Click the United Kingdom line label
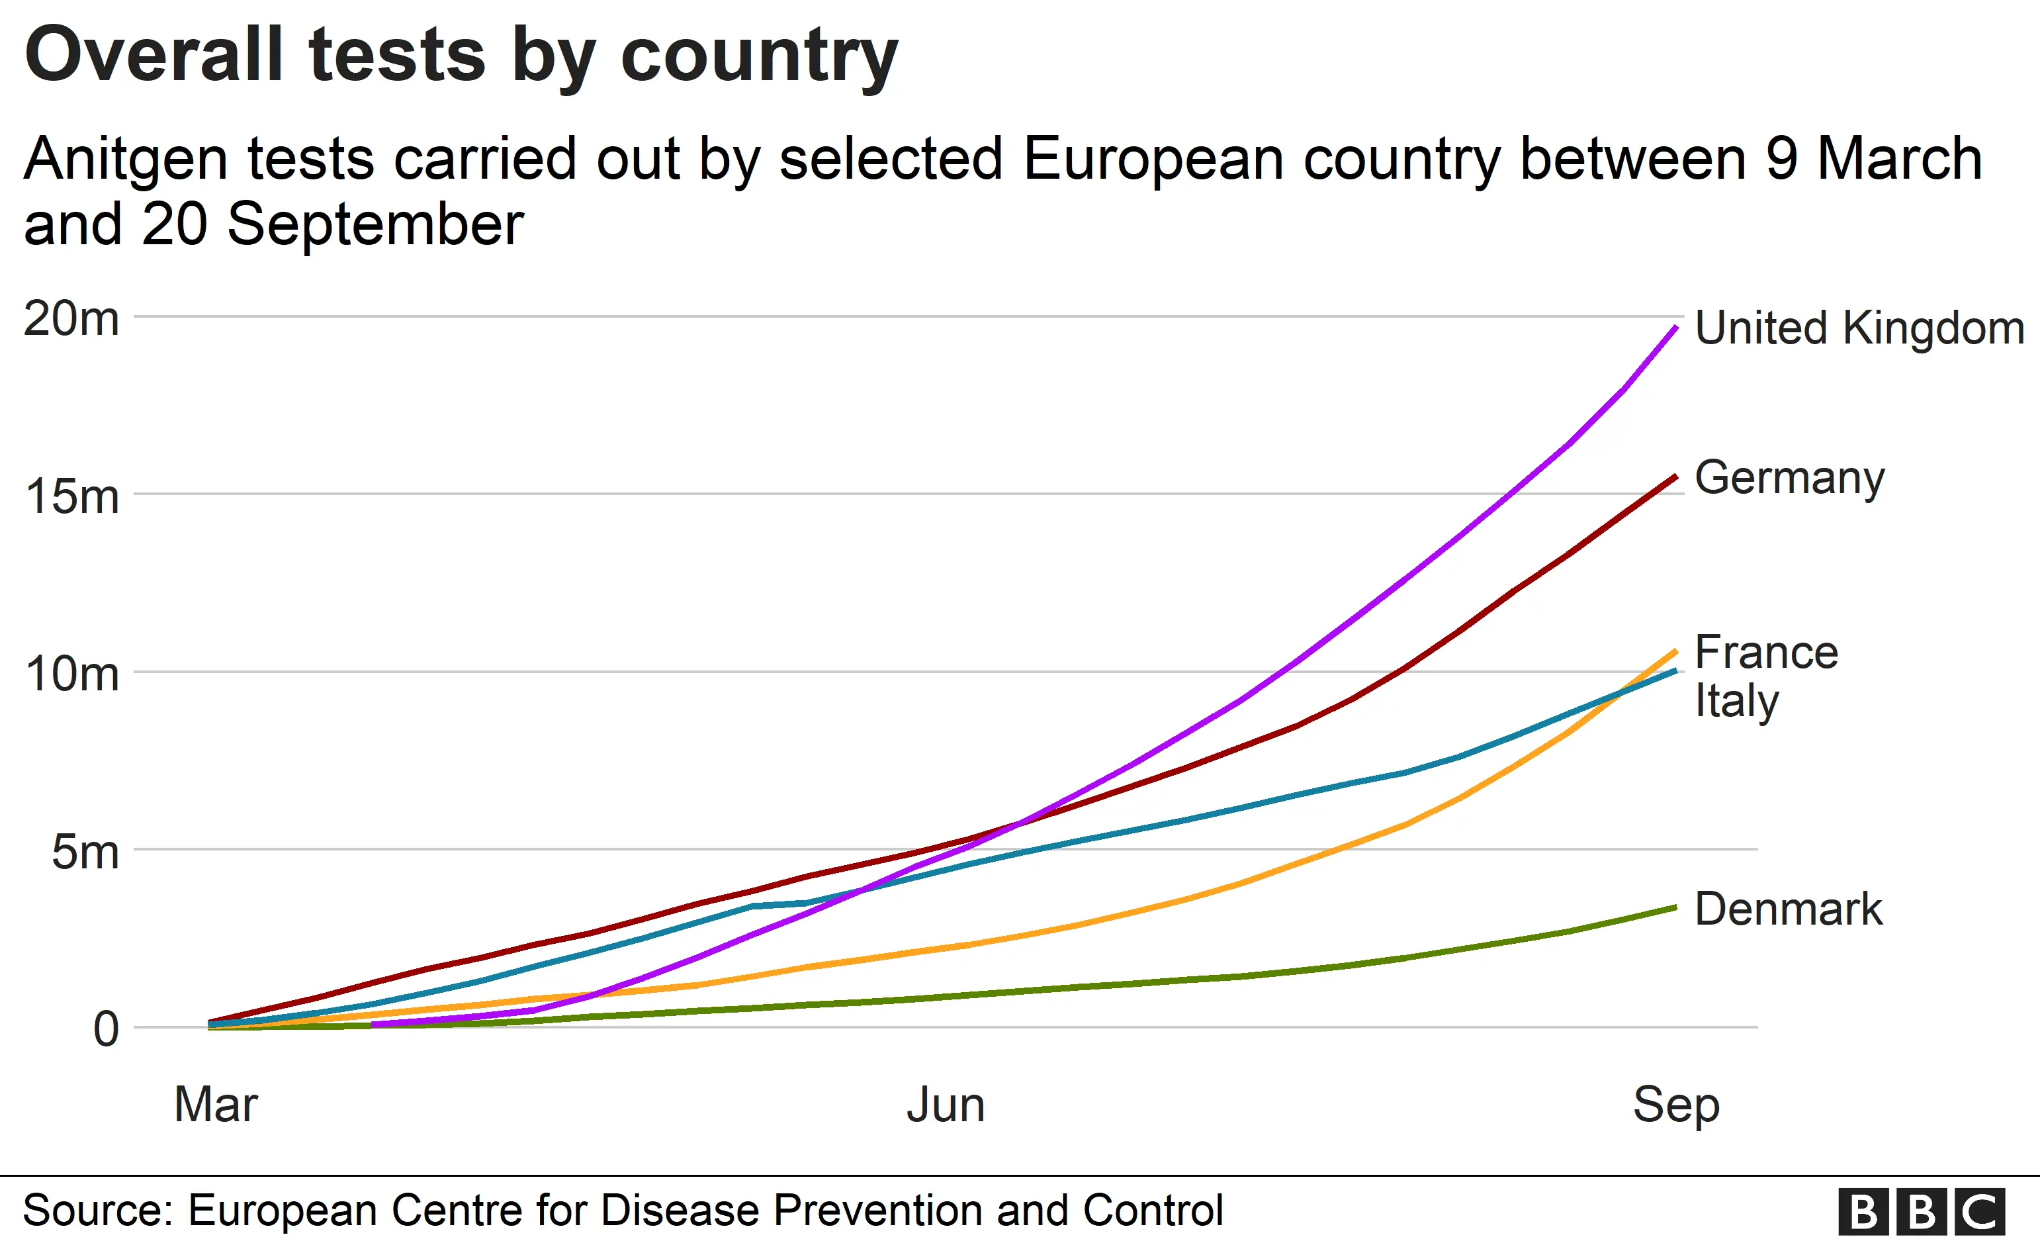click(1859, 328)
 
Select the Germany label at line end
click(1789, 478)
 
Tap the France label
click(1766, 653)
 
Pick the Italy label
click(1736, 700)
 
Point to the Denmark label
click(1789, 909)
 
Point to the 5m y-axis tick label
click(85, 852)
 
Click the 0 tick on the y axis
click(106, 1030)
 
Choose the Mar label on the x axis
click(216, 1105)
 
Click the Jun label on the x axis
click(946, 1105)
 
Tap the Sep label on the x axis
click(1675, 1105)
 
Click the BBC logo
click(1921, 1211)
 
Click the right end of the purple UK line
click(1675, 328)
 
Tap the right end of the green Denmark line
click(1675, 907)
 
